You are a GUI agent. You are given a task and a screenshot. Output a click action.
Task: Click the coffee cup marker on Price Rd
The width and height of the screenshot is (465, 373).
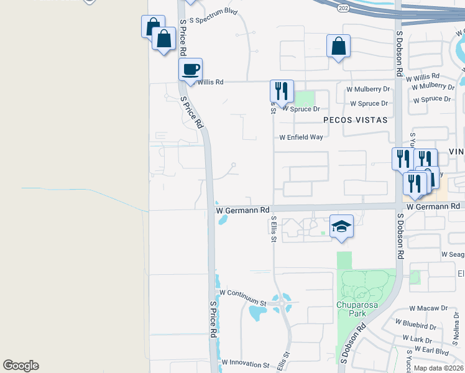(191, 69)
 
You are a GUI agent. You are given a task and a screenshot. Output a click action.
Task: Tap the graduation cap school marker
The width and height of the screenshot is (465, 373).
(341, 226)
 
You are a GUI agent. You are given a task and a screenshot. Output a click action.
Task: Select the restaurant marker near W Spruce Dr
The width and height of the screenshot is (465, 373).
(282, 91)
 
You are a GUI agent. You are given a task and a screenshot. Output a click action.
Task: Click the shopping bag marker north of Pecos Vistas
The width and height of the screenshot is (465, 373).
(338, 45)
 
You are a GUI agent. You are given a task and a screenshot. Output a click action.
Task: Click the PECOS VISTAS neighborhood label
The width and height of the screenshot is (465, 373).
(355, 119)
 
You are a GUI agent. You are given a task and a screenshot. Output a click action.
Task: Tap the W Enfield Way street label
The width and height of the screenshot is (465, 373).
(301, 137)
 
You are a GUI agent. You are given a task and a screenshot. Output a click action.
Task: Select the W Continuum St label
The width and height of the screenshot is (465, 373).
(242, 293)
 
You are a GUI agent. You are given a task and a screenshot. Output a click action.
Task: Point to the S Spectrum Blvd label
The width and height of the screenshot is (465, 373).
(214, 20)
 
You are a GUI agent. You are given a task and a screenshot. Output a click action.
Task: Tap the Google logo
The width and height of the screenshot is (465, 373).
(21, 366)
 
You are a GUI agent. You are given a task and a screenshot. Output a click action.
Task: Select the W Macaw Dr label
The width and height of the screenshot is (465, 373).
(429, 308)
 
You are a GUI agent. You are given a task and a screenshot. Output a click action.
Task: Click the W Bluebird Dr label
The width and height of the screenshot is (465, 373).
(425, 326)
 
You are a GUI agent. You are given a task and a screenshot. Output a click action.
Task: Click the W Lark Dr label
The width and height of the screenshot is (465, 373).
(417, 339)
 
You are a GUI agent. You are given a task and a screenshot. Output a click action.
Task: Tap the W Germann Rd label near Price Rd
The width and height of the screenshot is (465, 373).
(244, 210)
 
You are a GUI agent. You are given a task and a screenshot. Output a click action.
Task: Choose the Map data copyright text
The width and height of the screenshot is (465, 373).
(438, 368)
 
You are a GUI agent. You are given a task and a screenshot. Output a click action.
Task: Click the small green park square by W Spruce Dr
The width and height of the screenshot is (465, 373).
(303, 98)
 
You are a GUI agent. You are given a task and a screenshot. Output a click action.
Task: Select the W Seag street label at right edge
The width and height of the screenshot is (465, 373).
(453, 254)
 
